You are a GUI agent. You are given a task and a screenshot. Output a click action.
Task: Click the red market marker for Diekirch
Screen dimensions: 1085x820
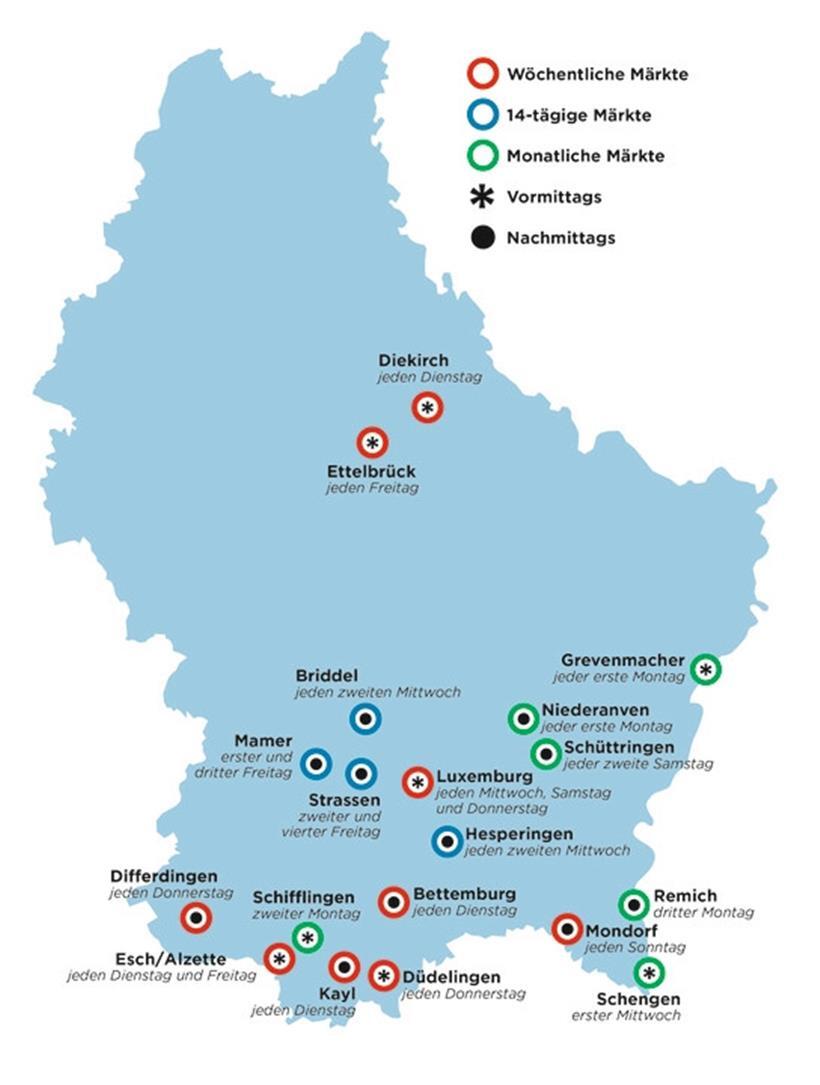tap(427, 407)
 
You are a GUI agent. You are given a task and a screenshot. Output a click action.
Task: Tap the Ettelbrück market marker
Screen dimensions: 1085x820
tap(372, 442)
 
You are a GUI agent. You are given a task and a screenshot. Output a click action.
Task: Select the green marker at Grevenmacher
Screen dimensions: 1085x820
tap(706, 669)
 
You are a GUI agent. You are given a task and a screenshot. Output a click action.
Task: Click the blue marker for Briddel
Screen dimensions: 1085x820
tap(365, 718)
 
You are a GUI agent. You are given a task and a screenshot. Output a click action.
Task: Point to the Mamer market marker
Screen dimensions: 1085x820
tap(317, 765)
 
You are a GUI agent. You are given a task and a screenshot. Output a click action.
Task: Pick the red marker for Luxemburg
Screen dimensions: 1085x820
tap(417, 782)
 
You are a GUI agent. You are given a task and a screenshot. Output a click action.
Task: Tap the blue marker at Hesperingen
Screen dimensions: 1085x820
tap(447, 842)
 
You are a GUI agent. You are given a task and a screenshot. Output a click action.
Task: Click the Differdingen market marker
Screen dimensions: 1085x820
tap(196, 917)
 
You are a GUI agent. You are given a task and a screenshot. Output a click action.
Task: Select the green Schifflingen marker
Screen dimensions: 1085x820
tap(308, 937)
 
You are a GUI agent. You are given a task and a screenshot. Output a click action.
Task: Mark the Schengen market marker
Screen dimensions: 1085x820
tap(649, 972)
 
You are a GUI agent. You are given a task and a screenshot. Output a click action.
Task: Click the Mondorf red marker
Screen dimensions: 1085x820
tap(567, 929)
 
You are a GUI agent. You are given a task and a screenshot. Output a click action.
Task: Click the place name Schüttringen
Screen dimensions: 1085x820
tap(618, 747)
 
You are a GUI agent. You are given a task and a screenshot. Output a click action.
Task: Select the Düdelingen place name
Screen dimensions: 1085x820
tap(451, 977)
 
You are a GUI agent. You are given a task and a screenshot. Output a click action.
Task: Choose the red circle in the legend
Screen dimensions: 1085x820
tap(483, 74)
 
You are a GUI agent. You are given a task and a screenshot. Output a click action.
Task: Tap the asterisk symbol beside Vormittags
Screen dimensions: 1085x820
tap(483, 197)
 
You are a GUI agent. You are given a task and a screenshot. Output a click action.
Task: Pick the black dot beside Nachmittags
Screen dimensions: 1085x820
tap(483, 238)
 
